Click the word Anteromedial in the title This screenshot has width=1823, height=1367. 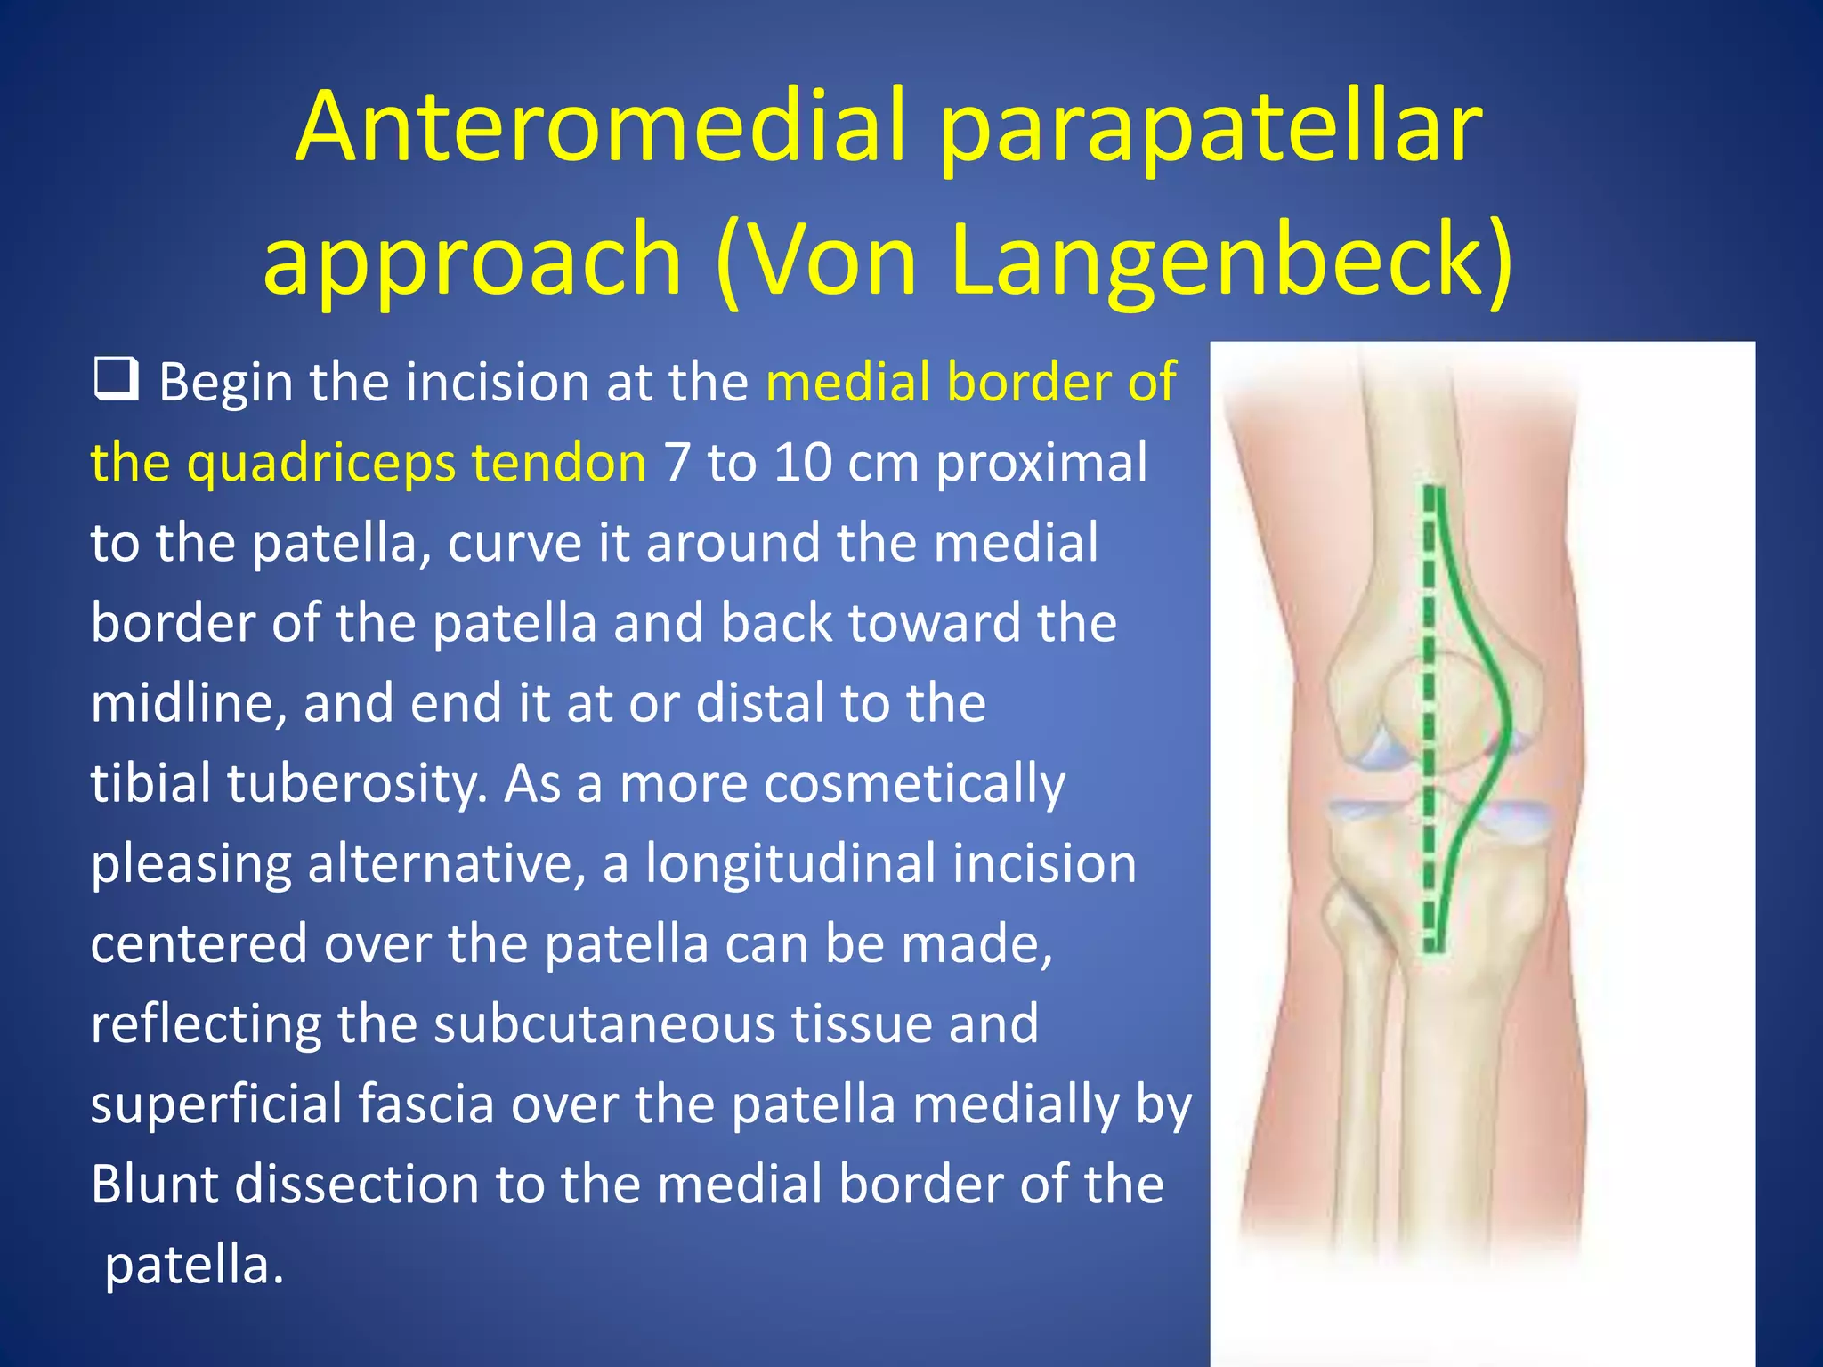coord(600,126)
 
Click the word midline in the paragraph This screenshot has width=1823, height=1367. coord(188,703)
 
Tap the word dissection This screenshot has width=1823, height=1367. coord(356,1185)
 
